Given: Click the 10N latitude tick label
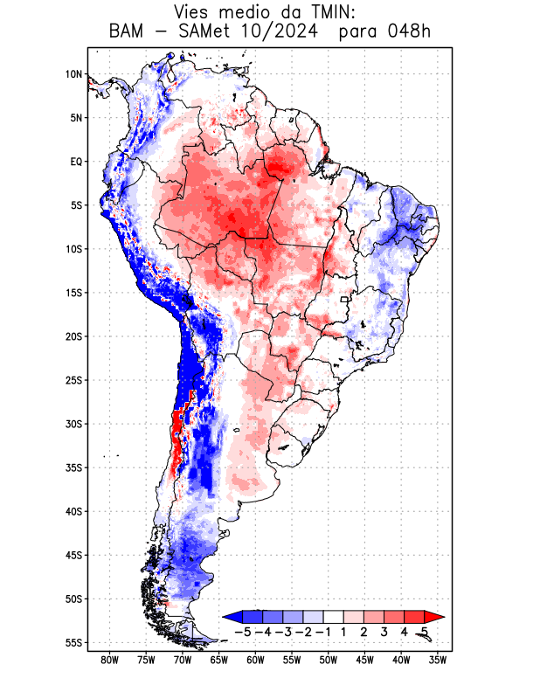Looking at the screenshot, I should pyautogui.click(x=73, y=74).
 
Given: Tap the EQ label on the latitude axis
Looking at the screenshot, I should pyautogui.click(x=75, y=162).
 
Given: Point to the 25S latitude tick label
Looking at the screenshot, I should pyautogui.click(x=73, y=380).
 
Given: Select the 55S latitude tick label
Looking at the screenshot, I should pyautogui.click(x=73, y=642).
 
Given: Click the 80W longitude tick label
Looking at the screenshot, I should pyautogui.click(x=110, y=661).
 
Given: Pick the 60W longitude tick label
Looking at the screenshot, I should pyautogui.click(x=256, y=661).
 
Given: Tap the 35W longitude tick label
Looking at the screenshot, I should pyautogui.click(x=438, y=661).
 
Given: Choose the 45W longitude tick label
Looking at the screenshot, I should pyautogui.click(x=365, y=661).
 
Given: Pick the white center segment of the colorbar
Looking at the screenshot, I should pyautogui.click(x=334, y=617).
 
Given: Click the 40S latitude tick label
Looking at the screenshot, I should pyautogui.click(x=73, y=511).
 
